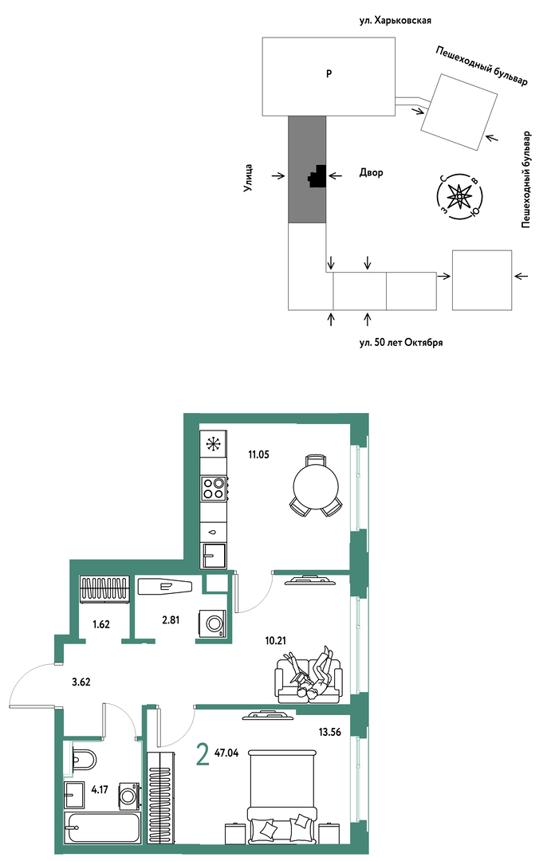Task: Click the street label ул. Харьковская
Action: [x=395, y=20]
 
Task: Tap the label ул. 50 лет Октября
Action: [x=401, y=343]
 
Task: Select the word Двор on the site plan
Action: [x=372, y=173]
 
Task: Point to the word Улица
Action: [x=248, y=178]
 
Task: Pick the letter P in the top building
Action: [x=329, y=73]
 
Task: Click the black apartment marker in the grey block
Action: [x=317, y=177]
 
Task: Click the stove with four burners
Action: [x=214, y=488]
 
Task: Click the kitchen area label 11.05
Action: [x=258, y=454]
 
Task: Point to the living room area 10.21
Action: [x=276, y=639]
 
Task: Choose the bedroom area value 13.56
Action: [x=330, y=731]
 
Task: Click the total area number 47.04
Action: [x=226, y=753]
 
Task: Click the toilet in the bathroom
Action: [x=83, y=760]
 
